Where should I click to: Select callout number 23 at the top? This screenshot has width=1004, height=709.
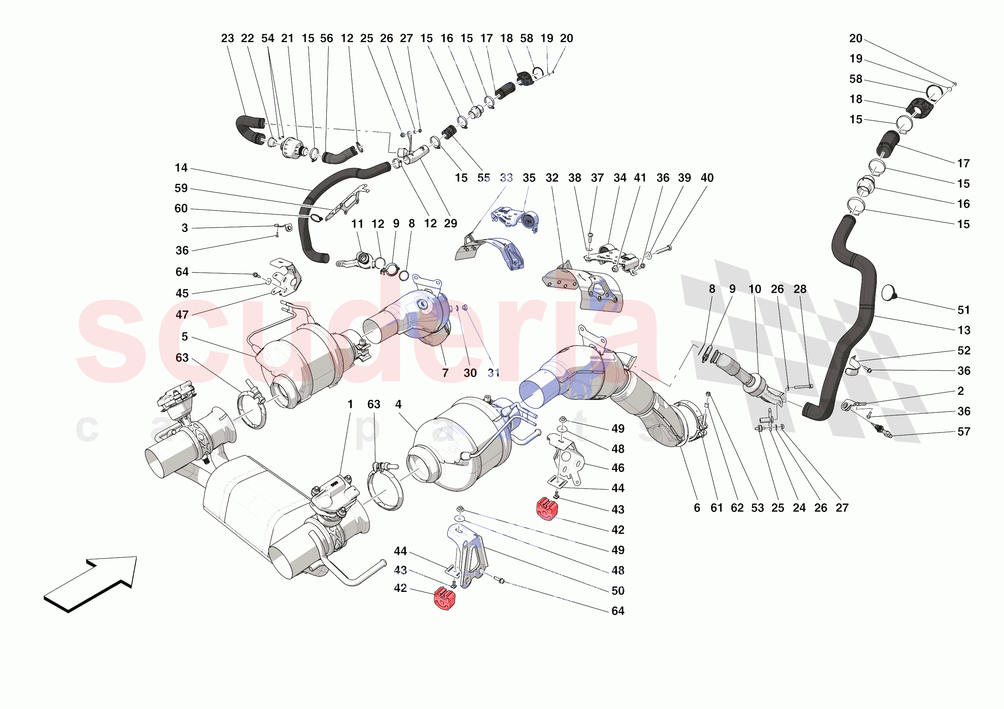click(227, 39)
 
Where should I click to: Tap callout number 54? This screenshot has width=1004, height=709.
click(267, 39)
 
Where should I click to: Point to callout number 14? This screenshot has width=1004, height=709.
click(181, 168)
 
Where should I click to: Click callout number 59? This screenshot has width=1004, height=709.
click(181, 188)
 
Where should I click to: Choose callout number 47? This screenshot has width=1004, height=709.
click(182, 315)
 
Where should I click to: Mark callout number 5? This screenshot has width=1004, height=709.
click(184, 336)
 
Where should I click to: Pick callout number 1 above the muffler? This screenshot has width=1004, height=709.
click(350, 404)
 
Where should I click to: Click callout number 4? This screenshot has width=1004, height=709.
click(398, 404)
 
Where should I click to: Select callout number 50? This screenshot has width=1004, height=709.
click(617, 591)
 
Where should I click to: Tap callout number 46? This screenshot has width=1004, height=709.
click(617, 468)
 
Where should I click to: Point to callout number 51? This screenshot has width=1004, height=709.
click(963, 310)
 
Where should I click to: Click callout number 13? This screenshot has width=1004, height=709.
click(964, 330)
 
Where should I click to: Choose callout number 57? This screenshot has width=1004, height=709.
click(963, 432)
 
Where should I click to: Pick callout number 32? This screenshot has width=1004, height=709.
click(552, 178)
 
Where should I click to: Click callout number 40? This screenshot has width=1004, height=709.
click(707, 178)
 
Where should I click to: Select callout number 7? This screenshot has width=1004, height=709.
click(445, 373)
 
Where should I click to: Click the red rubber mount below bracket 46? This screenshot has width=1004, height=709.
click(547, 509)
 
